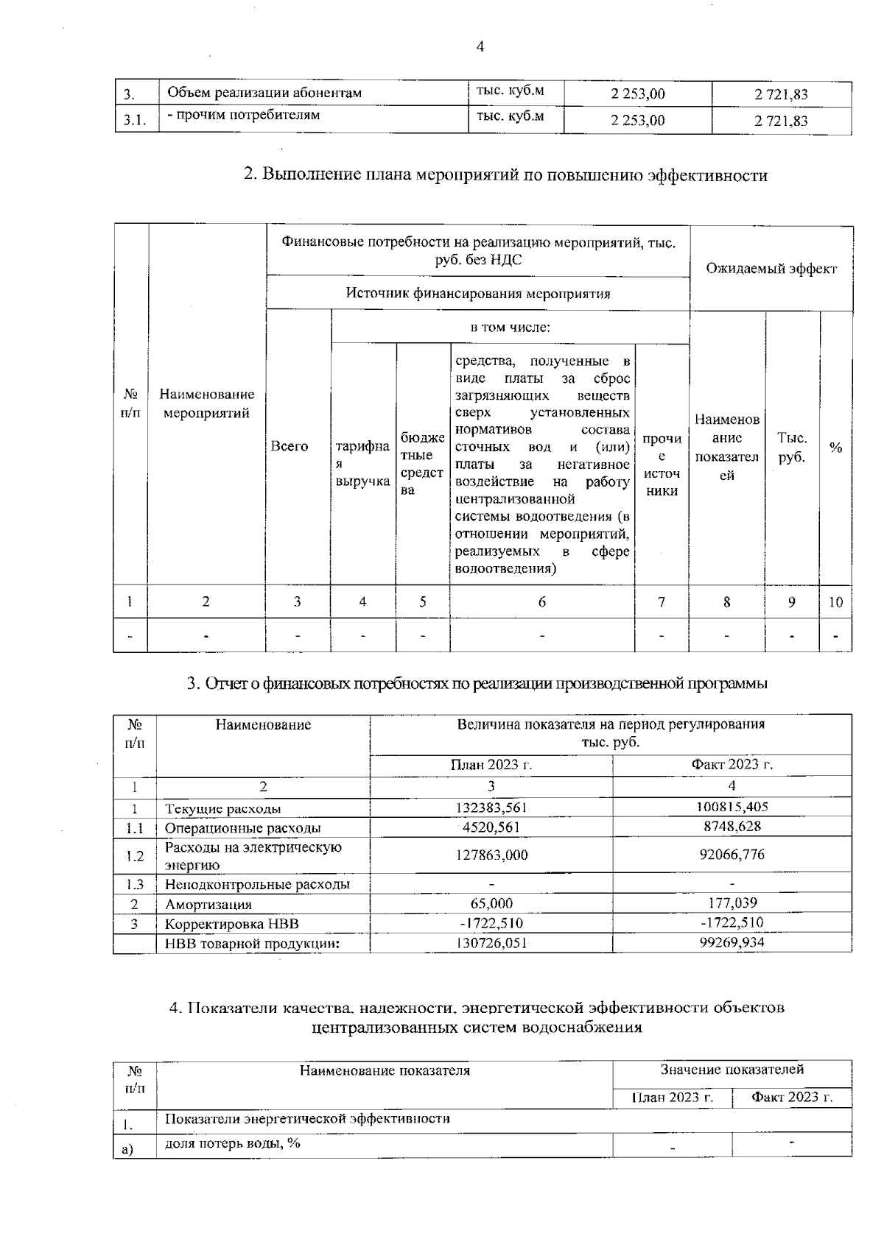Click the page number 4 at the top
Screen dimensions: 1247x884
pyautogui.click(x=480, y=47)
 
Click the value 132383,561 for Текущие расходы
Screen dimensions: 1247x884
pyautogui.click(x=491, y=808)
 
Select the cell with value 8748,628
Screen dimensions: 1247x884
pyautogui.click(x=732, y=826)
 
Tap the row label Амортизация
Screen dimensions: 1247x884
pyautogui.click(x=208, y=904)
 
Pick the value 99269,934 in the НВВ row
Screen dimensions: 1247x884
pyautogui.click(x=732, y=942)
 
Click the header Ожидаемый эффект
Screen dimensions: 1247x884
pyautogui.click(x=771, y=269)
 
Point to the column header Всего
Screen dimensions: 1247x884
pyautogui.click(x=290, y=446)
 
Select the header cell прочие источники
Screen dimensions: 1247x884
pyautogui.click(x=662, y=464)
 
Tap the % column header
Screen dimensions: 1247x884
pyautogui.click(x=835, y=448)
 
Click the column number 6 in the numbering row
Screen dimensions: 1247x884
pyautogui.click(x=542, y=601)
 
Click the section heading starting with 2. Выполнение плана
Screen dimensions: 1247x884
pyautogui.click(x=505, y=175)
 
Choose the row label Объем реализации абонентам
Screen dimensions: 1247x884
pyautogui.click(x=264, y=93)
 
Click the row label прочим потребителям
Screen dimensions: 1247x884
pyautogui.click(x=244, y=116)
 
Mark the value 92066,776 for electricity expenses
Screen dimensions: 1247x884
pyautogui.click(x=732, y=855)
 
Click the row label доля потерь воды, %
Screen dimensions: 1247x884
pyautogui.click(x=232, y=1143)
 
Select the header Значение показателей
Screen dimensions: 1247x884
pyautogui.click(x=732, y=1070)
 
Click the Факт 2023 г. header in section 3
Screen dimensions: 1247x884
pyautogui.click(x=732, y=765)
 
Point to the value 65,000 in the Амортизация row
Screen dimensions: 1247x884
pyautogui.click(x=491, y=903)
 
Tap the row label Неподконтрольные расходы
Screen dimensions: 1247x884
pyautogui.click(x=257, y=884)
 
